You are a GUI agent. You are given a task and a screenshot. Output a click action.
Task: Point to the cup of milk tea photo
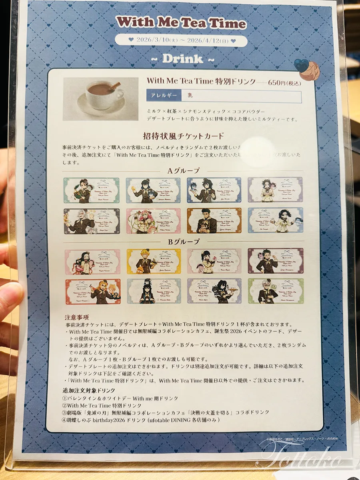101,99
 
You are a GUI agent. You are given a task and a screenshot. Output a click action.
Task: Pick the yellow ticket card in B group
154,262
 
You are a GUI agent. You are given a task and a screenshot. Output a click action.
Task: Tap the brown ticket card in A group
214,220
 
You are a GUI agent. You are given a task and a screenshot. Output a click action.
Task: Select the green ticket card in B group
276,291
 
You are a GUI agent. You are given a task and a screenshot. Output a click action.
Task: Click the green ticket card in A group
91,190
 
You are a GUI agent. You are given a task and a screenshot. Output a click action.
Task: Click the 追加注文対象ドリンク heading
89,390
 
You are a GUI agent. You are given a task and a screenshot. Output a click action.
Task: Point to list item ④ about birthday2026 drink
141,420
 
